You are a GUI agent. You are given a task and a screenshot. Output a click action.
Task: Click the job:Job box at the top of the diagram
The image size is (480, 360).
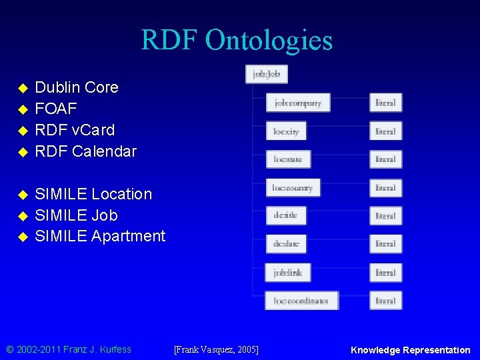tap(267, 74)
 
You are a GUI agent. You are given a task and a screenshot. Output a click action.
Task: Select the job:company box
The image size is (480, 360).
tap(297, 103)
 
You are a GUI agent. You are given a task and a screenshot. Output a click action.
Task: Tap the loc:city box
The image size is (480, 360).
tap(286, 131)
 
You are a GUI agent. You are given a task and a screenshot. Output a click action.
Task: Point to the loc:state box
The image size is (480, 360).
tap(287, 159)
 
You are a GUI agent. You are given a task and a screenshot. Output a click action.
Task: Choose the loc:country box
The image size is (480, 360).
tap(293, 188)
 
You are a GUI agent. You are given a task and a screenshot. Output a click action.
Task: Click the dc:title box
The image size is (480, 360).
tap(285, 216)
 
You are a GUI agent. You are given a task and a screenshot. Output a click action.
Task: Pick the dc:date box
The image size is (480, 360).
tap(286, 244)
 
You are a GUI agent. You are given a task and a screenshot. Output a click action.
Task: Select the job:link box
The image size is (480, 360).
tap(287, 272)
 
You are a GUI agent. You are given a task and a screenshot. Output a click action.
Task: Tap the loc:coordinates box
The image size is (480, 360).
tap(301, 301)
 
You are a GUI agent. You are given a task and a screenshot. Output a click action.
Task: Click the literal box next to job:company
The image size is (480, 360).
tap(386, 103)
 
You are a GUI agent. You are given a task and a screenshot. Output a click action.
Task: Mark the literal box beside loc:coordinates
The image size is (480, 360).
tap(386, 301)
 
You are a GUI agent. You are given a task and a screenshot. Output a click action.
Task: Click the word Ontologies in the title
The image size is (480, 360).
tap(269, 41)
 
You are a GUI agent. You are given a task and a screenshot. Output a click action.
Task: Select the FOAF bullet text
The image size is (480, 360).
tap(56, 109)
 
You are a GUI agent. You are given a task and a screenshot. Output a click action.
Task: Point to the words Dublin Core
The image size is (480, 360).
tap(77, 87)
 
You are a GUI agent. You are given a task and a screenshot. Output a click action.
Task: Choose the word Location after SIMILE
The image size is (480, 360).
tap(121, 194)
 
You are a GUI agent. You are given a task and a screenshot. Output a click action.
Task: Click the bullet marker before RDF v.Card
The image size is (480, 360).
tap(23, 131)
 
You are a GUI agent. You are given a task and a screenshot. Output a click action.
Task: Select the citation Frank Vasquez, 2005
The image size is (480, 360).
tap(216, 349)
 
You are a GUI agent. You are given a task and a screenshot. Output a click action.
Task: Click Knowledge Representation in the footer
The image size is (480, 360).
tap(410, 350)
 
